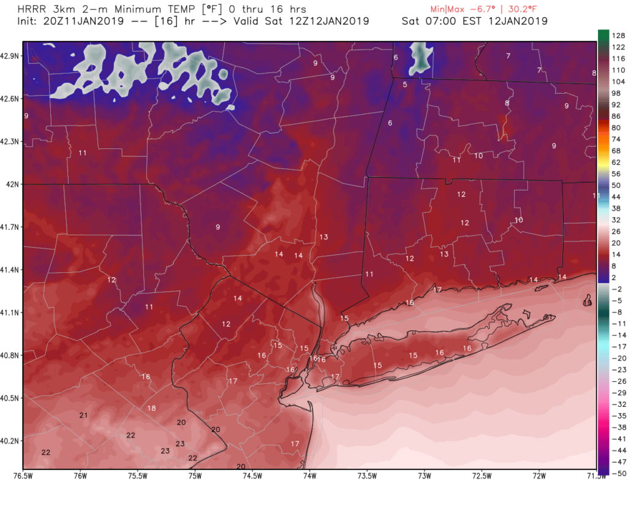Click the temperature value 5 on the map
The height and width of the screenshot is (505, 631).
pos(405,84)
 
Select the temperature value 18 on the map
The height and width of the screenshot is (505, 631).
pos(151,408)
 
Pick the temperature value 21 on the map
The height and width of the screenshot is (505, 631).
pos(83,416)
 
